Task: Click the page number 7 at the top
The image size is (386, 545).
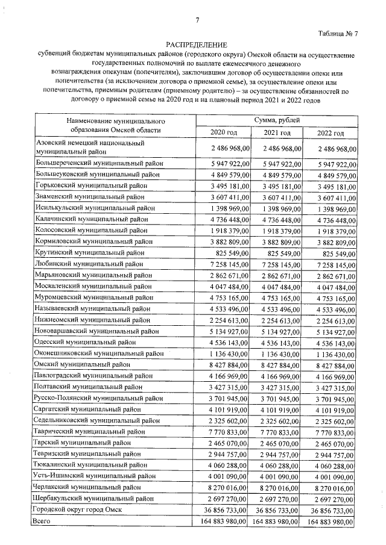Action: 197,20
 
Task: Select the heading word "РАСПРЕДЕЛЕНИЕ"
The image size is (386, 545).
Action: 197,45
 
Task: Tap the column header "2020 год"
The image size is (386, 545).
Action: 223,132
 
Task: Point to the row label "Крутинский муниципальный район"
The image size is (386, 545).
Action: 90,252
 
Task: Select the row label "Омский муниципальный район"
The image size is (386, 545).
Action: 83,364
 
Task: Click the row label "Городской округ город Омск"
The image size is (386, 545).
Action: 80,510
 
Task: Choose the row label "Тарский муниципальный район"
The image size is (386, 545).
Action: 83,443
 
